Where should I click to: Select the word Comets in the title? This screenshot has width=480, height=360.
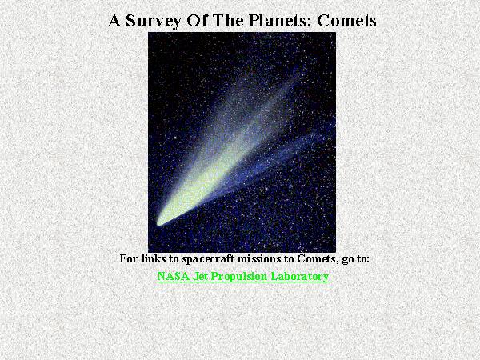(346, 21)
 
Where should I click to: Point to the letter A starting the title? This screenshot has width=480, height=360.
(114, 21)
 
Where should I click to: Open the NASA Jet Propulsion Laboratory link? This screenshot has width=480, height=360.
(243, 276)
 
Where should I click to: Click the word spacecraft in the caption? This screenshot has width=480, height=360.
(208, 259)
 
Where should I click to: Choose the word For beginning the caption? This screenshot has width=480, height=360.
(129, 258)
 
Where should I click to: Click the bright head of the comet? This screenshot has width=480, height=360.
(160, 222)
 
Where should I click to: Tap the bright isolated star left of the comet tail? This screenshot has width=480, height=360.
(175, 138)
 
